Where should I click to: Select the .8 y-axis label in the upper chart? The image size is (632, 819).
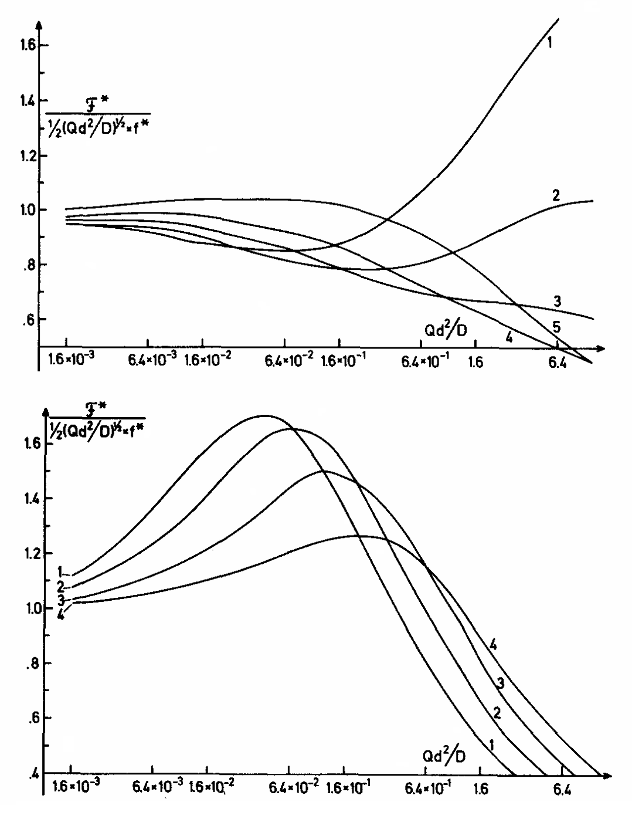tap(28, 265)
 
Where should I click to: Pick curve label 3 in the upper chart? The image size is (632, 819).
tap(557, 302)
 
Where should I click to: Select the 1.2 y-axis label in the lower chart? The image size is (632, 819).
tap(25, 553)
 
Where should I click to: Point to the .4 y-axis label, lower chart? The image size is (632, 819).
tap(28, 773)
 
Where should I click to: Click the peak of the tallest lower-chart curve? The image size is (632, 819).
tap(264, 415)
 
